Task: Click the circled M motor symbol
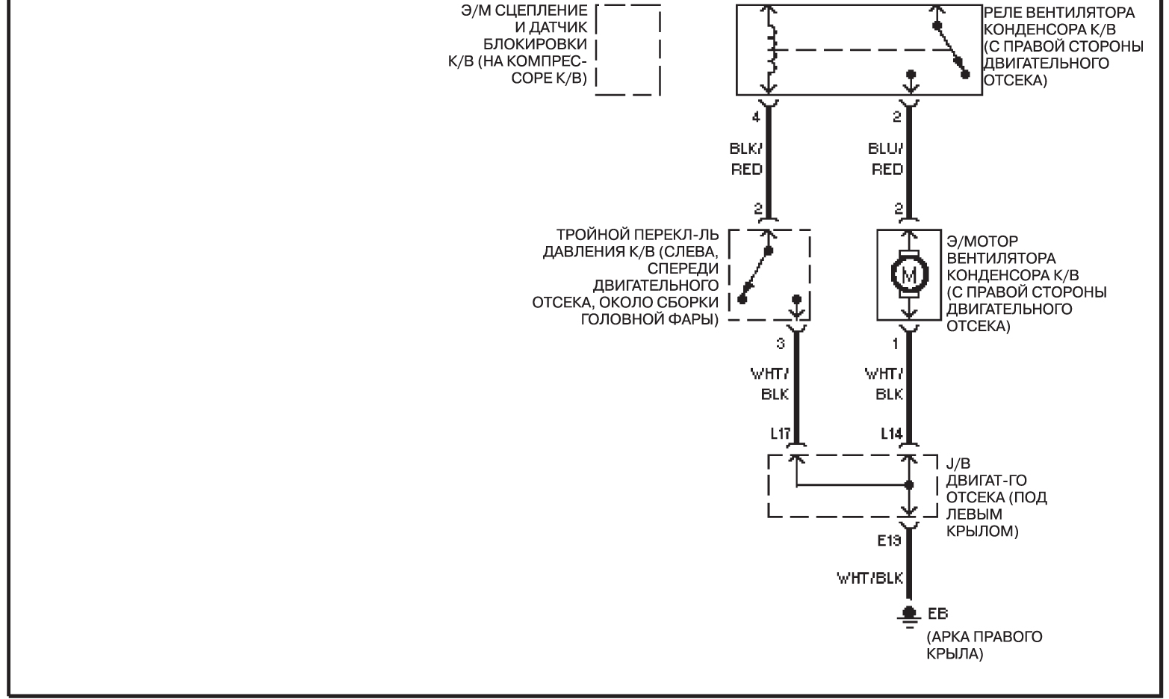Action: click(909, 275)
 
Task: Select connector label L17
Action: click(780, 433)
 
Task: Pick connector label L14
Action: click(891, 433)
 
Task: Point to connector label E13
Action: click(890, 541)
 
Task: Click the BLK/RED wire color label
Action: click(746, 158)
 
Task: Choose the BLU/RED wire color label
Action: click(886, 158)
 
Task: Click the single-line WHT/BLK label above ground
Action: click(870, 579)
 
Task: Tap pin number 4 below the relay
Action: click(756, 117)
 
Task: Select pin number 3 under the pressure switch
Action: click(780, 344)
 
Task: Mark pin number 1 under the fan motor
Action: click(896, 344)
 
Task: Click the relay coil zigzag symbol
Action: click(771, 50)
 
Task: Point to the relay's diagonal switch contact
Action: click(951, 49)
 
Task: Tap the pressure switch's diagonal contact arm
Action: click(755, 275)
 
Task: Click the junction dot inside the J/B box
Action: click(909, 484)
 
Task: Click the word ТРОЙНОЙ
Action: click(595, 235)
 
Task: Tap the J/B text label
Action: click(958, 464)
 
